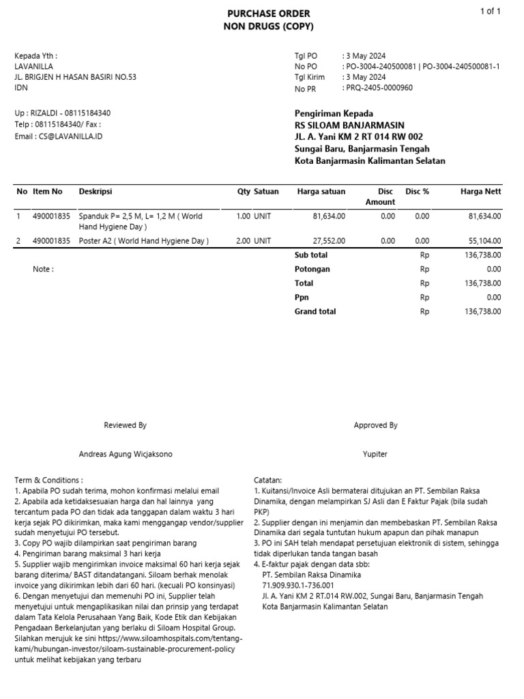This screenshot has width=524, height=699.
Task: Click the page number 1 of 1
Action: coord(491,11)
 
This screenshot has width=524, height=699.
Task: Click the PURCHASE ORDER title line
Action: coord(267,14)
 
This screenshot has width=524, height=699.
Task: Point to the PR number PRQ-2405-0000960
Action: coord(379,88)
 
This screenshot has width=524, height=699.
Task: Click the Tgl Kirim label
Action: coord(309,78)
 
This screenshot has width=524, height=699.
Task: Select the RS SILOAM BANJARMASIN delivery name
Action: coord(349,126)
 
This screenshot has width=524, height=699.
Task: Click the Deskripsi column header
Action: coord(96,192)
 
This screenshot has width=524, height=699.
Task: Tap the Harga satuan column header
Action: coord(321,192)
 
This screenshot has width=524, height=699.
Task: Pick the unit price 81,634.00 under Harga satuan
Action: coord(329,216)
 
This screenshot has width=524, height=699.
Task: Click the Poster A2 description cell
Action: coord(143,241)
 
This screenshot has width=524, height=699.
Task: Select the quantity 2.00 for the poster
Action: coord(243,241)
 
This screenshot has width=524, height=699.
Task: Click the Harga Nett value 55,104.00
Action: coord(484,241)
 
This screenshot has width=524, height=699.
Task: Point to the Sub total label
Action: coord(310,255)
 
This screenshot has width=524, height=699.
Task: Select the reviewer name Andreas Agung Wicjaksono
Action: coord(126,454)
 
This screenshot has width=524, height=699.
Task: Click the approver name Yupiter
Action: coord(375,454)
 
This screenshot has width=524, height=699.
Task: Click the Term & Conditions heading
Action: coord(48,481)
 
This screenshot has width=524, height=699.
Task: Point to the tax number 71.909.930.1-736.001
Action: coord(298,585)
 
